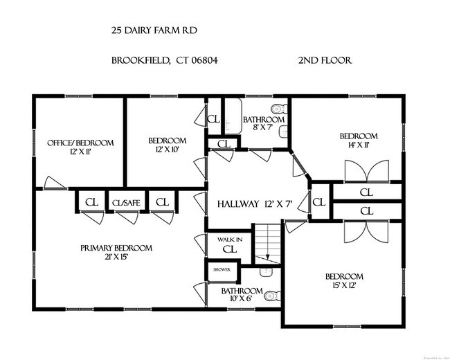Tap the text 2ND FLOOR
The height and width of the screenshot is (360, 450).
[x=325, y=60]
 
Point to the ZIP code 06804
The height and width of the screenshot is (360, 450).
[x=206, y=60]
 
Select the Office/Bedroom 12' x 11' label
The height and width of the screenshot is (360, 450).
[x=80, y=147]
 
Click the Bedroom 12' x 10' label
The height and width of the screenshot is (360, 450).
[x=167, y=145]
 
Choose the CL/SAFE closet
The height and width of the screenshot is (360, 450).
[x=127, y=202]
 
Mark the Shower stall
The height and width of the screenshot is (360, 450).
[x=222, y=269]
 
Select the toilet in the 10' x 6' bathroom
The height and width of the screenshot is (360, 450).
[x=271, y=296]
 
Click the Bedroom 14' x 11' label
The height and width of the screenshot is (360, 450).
[x=358, y=141]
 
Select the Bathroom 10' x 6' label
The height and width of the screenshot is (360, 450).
[x=242, y=295]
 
